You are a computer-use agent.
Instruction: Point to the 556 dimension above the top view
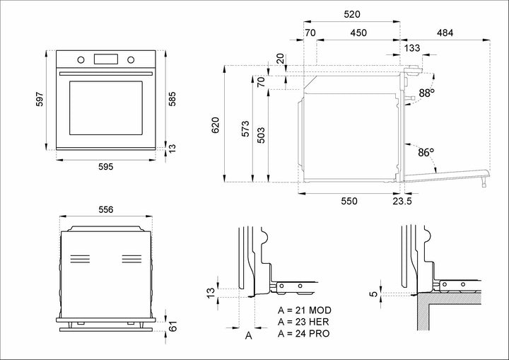(x=105, y=209)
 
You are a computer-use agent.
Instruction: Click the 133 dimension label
(x=412, y=47)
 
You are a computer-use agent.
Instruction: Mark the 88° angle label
(x=426, y=93)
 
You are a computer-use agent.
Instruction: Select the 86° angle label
(x=425, y=151)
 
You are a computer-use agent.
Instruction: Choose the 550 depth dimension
(x=349, y=201)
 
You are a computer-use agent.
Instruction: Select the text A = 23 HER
(x=305, y=322)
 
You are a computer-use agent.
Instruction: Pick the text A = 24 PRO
(x=305, y=333)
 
